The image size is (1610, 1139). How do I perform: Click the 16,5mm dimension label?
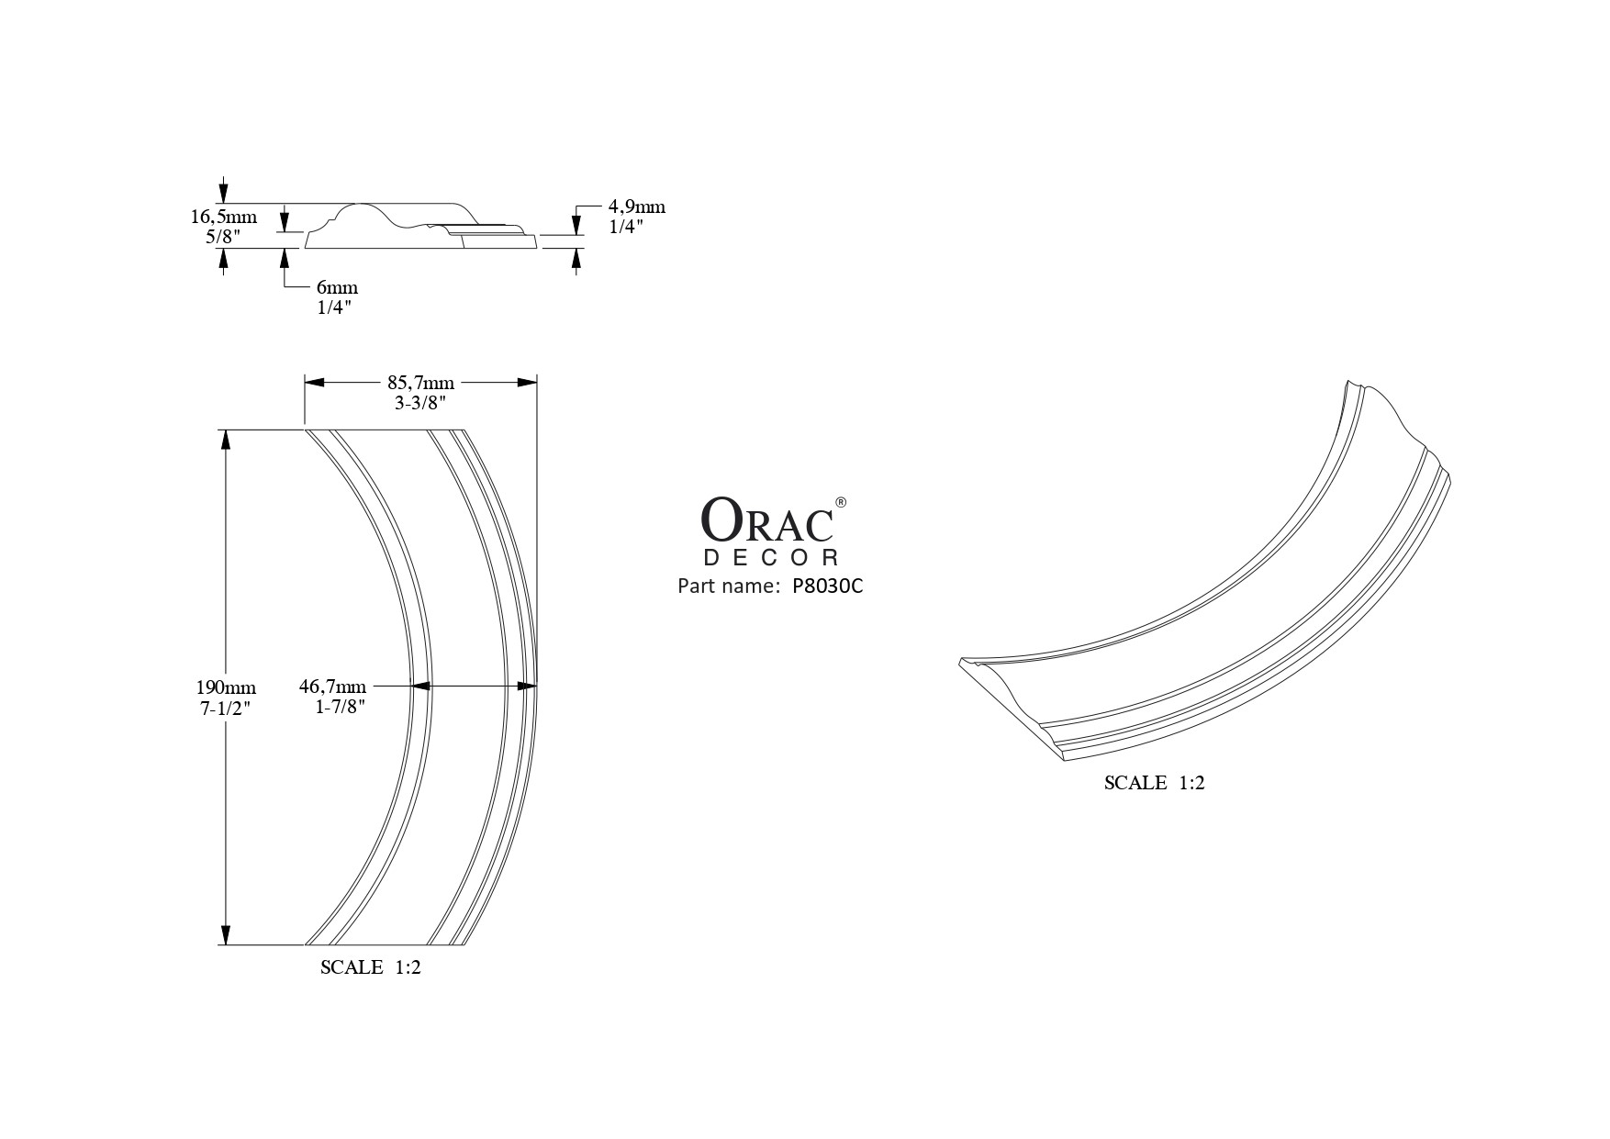tap(223, 218)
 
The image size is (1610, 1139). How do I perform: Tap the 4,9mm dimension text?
tap(636, 207)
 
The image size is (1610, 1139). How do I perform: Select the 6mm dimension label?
tap(337, 288)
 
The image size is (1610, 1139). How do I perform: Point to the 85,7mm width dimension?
tap(420, 383)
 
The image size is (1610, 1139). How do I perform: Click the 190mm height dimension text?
tap(225, 687)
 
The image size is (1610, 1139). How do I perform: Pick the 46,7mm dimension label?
tap(332, 687)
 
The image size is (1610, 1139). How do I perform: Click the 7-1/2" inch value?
tap(225, 708)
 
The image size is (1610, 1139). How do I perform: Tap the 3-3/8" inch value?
tap(420, 402)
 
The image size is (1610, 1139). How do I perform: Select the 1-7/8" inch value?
tap(340, 707)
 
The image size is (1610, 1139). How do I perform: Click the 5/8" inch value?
tap(223, 236)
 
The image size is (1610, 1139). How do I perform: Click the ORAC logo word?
tap(767, 520)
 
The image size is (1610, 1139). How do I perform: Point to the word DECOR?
tap(771, 557)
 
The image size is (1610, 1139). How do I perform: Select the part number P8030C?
tap(827, 586)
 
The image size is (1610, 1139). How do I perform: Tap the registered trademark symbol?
tap(841, 502)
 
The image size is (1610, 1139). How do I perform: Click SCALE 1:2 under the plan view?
tap(370, 967)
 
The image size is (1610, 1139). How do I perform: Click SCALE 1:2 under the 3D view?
tap(1153, 783)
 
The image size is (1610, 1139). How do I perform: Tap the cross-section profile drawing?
tap(420, 226)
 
